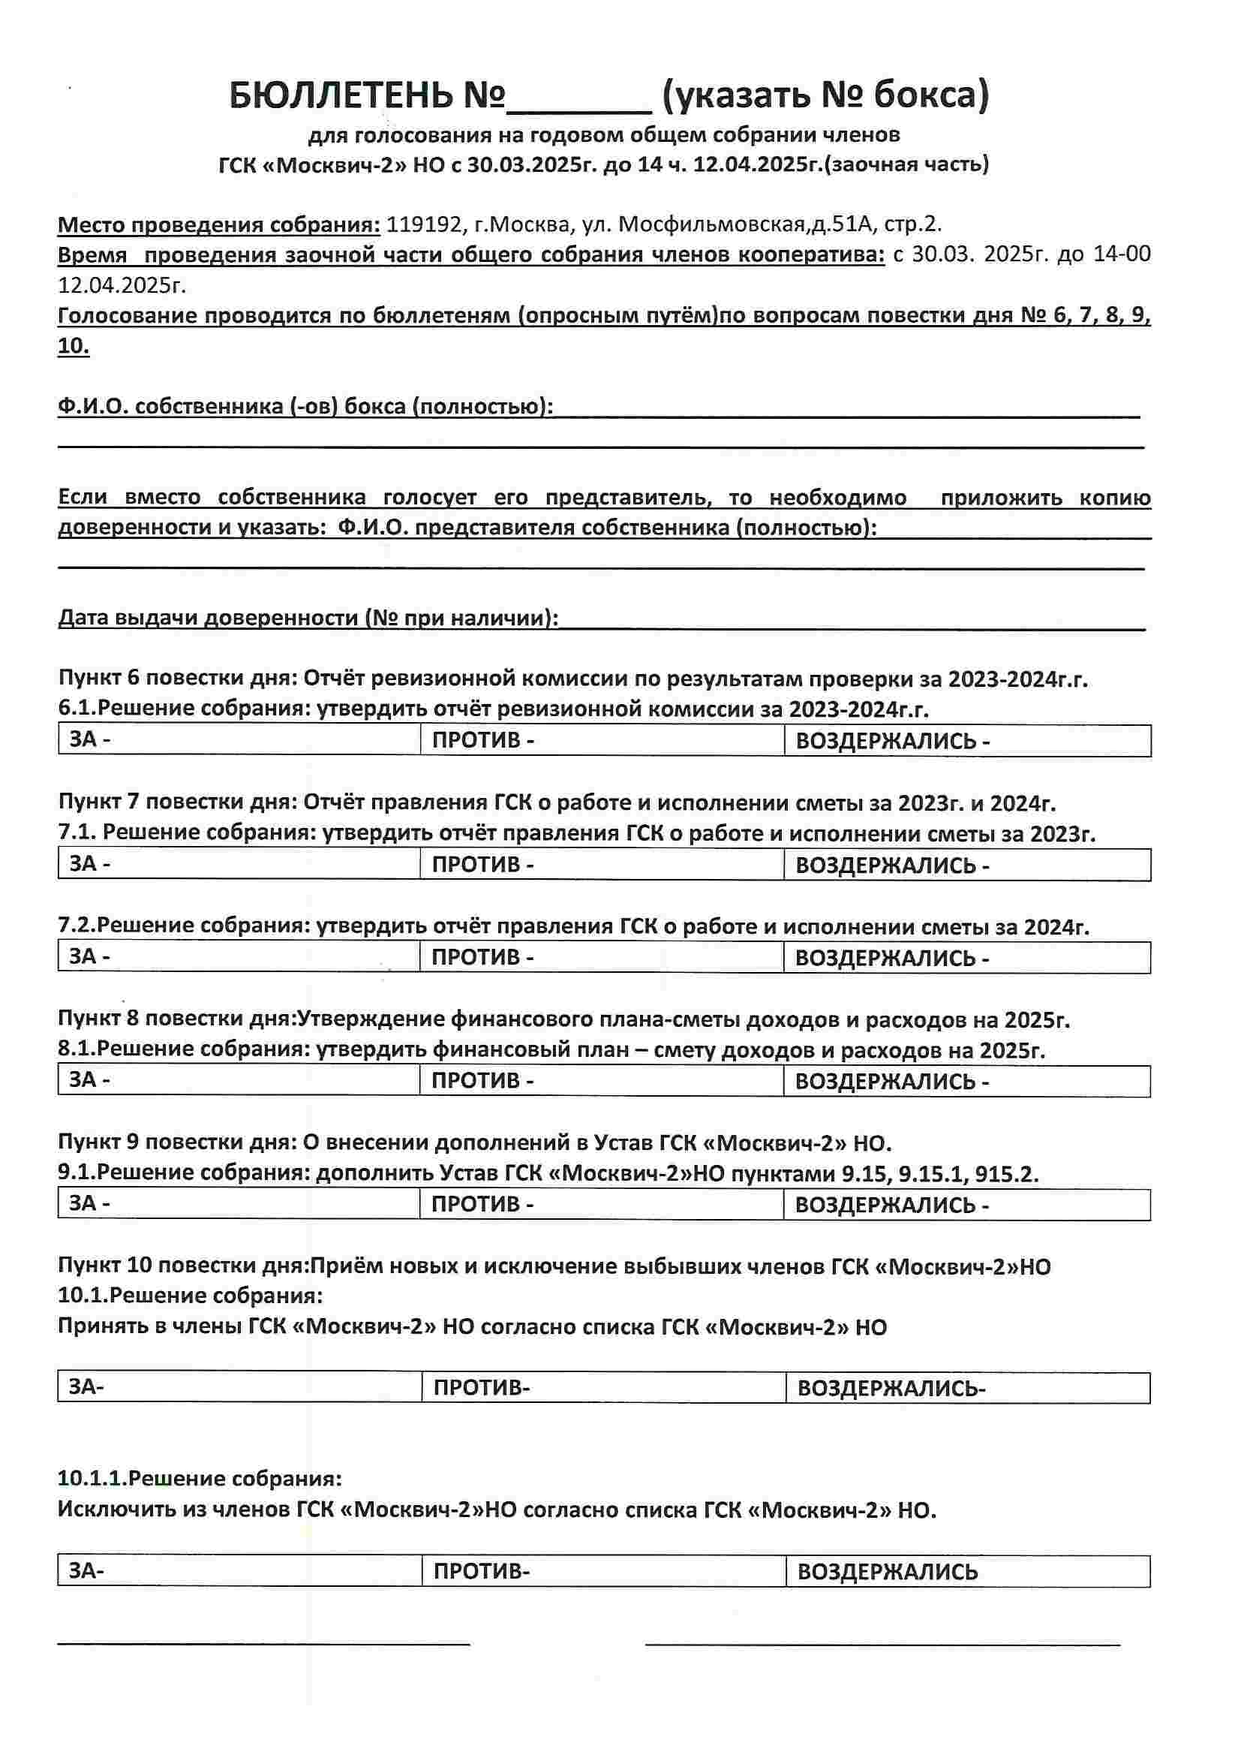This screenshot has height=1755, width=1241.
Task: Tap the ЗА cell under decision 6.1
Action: tap(239, 740)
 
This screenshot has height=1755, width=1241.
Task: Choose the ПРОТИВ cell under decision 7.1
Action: tap(602, 865)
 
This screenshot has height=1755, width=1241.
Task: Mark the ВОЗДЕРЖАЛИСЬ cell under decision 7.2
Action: tap(966, 958)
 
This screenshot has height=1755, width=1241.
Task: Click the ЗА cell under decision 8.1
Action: tap(239, 1081)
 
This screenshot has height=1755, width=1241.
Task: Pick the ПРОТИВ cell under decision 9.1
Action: tap(602, 1205)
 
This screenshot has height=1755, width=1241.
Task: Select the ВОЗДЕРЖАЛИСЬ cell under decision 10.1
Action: tap(967, 1387)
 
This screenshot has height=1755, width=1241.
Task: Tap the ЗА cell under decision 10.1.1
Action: tap(239, 1572)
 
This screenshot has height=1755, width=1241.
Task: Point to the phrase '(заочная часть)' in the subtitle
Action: tap(909, 164)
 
